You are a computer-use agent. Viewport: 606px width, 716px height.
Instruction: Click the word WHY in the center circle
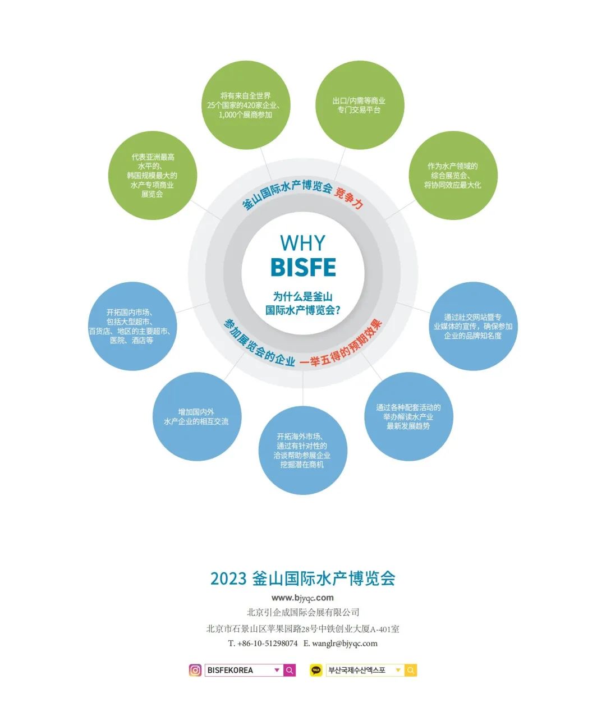pos(302,243)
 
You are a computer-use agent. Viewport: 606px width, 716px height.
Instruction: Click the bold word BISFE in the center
pos(302,268)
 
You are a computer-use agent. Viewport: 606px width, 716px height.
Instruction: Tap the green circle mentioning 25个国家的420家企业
pos(245,105)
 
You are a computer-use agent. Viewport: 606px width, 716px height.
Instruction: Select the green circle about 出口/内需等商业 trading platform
pos(359,105)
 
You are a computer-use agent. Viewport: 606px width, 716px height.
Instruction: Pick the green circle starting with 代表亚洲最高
pos(152,176)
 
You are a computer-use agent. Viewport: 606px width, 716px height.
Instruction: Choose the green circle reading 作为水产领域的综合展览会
pos(452,176)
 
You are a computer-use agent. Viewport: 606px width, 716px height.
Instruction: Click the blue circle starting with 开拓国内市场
pos(132,326)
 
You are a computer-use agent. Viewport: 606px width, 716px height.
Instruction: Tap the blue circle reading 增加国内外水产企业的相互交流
pos(196,416)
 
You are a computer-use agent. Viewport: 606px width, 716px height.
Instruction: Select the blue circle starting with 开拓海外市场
pos(302,451)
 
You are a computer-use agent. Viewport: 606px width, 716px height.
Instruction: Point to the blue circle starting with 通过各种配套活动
pos(408,416)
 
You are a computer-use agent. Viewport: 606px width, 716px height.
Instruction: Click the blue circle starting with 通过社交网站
pos(472,326)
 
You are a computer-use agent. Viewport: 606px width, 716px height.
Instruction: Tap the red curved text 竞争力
pos(349,198)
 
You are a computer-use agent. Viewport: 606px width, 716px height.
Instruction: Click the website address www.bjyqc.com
pos(302,598)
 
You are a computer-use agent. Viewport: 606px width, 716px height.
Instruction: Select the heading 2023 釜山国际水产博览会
pos(302,579)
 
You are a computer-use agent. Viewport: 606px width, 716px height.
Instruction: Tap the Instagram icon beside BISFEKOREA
pos(195,670)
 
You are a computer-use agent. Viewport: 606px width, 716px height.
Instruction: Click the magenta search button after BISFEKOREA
pos(290,670)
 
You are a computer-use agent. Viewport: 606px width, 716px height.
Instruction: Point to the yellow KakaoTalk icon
pos(316,670)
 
